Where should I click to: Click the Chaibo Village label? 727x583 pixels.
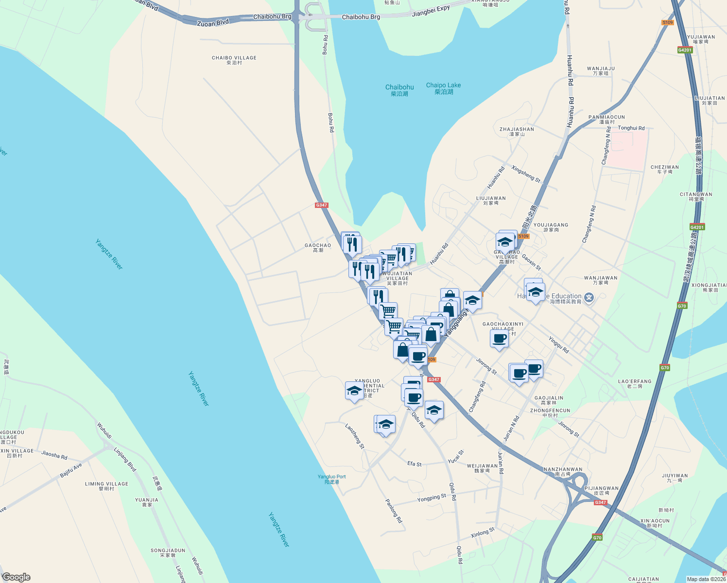pyautogui.click(x=234, y=60)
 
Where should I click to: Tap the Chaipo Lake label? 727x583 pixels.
pyautogui.click(x=443, y=88)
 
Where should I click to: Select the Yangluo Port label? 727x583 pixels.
pyautogui.click(x=331, y=479)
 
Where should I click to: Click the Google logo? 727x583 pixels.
pyautogui.click(x=16, y=577)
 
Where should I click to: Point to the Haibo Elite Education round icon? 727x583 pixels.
pyautogui.click(x=589, y=297)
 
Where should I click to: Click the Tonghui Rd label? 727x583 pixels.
pyautogui.click(x=631, y=128)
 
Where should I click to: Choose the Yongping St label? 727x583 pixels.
pyautogui.click(x=432, y=498)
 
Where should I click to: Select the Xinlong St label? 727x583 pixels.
pyautogui.click(x=482, y=533)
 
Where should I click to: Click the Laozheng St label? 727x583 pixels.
pyautogui.click(x=354, y=435)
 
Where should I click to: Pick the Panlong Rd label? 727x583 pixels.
pyautogui.click(x=394, y=511)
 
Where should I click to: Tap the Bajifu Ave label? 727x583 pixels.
pyautogui.click(x=71, y=470)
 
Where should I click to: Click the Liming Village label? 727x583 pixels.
pyautogui.click(x=106, y=486)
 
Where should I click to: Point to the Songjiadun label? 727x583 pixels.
pyautogui.click(x=168, y=552)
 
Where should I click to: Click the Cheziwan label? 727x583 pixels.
pyautogui.click(x=664, y=169)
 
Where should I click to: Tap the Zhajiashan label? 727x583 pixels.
pyautogui.click(x=517, y=131)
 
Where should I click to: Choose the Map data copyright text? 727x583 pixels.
pyautogui.click(x=706, y=579)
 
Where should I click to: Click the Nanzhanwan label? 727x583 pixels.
pyautogui.click(x=563, y=471)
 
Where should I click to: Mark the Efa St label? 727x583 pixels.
pyautogui.click(x=415, y=464)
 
